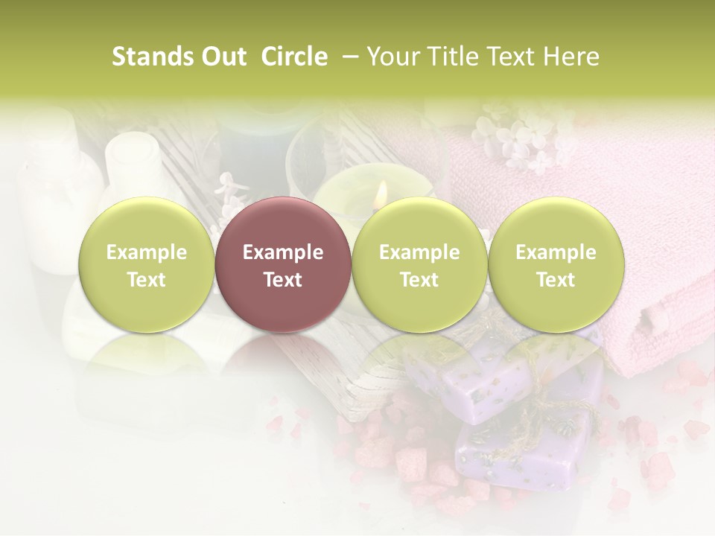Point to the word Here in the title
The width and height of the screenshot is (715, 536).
pos(571,57)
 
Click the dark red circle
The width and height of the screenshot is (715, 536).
pos(282,264)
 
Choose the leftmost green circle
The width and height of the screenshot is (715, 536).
pos(146,264)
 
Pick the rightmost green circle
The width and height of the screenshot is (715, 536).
pos(556,264)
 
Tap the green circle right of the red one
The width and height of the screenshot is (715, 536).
pos(419,264)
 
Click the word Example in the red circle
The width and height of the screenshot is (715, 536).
pos(282,252)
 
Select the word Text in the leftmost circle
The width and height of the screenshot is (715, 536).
pos(146,280)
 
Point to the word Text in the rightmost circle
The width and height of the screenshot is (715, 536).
pos(556,280)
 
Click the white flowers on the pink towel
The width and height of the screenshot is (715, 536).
pos(521,138)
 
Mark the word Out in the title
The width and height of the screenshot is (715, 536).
pos(221,57)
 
